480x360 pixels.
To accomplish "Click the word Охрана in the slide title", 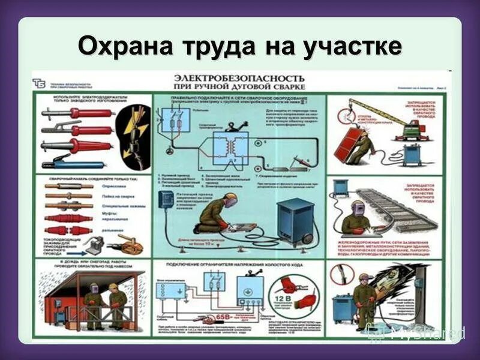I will click(115, 46).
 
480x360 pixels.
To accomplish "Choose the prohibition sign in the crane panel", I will click(344, 110).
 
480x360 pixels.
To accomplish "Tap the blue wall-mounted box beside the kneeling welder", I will click(166, 200).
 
